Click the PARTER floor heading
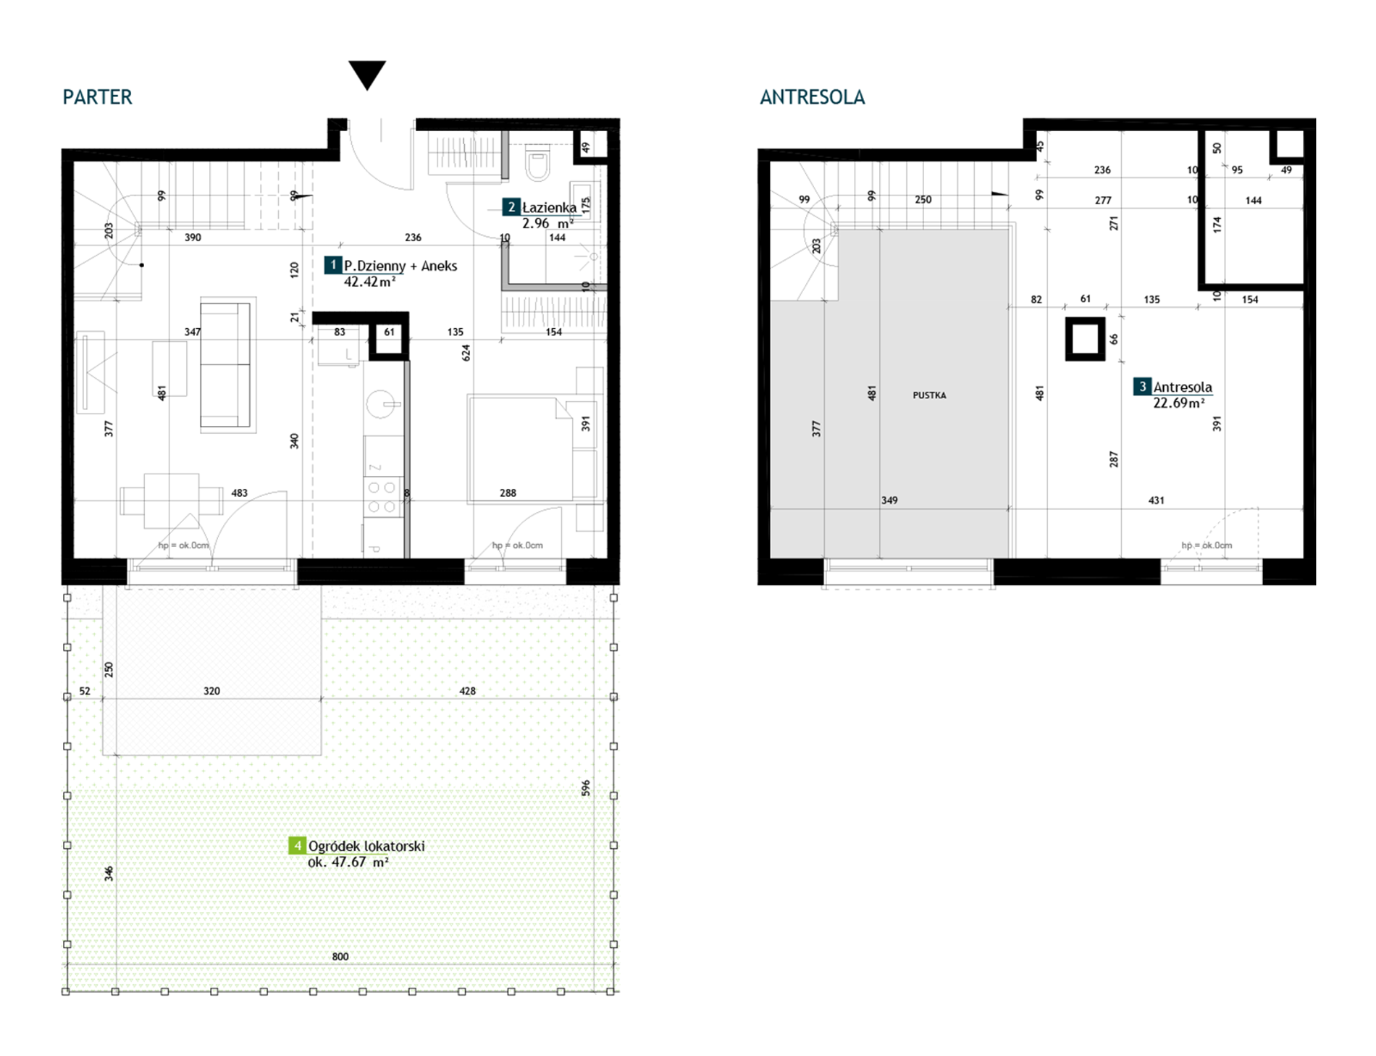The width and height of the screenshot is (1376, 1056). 97,97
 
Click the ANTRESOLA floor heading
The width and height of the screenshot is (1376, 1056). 812,97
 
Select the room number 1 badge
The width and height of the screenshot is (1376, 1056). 333,265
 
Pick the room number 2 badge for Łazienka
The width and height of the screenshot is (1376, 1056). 511,207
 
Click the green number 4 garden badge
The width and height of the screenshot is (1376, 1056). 297,845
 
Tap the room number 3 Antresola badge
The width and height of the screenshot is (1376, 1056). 1142,387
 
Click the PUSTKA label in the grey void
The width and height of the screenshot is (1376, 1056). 929,395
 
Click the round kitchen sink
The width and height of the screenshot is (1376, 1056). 380,404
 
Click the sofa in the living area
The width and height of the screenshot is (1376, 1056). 225,364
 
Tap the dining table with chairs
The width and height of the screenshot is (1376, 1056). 172,500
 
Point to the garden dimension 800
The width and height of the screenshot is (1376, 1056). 340,957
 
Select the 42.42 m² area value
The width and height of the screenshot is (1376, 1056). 370,282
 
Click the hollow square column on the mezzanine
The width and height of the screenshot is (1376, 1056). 1085,339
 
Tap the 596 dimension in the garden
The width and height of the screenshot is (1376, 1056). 586,788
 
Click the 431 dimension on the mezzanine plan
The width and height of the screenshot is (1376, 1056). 1157,500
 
